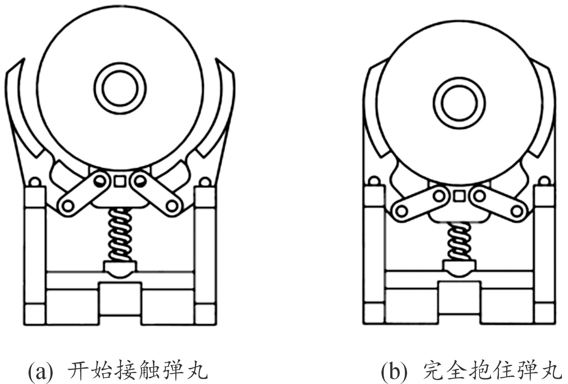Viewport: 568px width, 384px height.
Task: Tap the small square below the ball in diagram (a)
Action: click(120, 181)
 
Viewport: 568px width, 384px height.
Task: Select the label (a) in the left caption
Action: click(41, 371)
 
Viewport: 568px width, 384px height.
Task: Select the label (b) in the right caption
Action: click(394, 371)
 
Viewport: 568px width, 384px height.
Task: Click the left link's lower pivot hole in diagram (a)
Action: click(67, 206)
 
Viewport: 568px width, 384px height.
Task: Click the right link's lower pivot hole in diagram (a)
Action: click(172, 206)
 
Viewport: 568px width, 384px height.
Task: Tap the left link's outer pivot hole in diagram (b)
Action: click(401, 211)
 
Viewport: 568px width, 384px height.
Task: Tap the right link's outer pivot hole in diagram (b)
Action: click(516, 211)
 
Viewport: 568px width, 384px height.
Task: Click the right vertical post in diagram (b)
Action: click(544, 253)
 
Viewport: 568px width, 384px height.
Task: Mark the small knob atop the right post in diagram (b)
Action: click(544, 181)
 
